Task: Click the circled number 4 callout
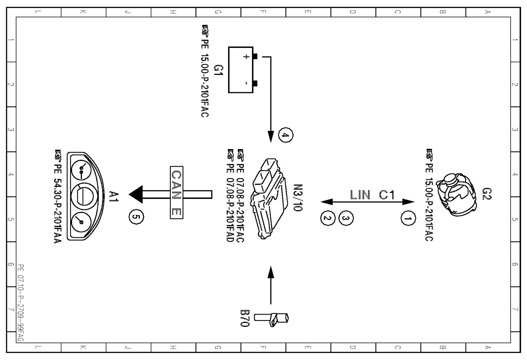click(x=285, y=135)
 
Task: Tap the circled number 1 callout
click(x=408, y=219)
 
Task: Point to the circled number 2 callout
click(x=328, y=218)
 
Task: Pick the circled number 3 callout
click(x=346, y=218)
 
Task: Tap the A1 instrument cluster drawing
click(x=84, y=196)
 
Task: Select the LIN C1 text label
click(x=372, y=195)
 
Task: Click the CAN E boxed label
click(x=176, y=192)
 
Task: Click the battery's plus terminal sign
click(x=246, y=57)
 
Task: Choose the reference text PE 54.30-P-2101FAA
click(x=58, y=197)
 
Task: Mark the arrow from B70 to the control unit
click(x=271, y=285)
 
